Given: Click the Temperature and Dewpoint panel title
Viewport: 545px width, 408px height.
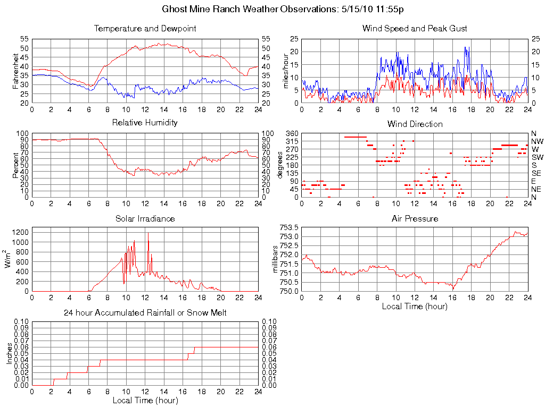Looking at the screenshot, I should click(145, 29).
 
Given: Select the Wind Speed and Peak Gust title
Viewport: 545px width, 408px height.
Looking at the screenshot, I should click(415, 29).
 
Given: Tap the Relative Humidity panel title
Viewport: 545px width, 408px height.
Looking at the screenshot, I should click(145, 123).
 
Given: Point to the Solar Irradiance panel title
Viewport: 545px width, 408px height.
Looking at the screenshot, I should click(145, 219).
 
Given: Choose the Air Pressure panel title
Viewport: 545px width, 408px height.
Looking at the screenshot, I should click(415, 219).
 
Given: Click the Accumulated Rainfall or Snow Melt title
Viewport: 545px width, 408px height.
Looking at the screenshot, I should click(145, 313).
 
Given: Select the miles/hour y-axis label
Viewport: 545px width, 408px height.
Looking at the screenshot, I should click(286, 71).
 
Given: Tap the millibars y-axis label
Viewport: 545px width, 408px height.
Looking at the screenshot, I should click(276, 260).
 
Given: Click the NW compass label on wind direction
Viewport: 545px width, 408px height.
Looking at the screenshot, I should click(536, 141).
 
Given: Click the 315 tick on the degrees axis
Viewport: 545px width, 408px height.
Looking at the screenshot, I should click(292, 141).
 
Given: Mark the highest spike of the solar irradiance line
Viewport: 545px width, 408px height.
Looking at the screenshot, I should click(148, 233).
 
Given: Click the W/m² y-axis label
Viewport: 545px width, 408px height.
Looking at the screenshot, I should click(9, 259).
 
